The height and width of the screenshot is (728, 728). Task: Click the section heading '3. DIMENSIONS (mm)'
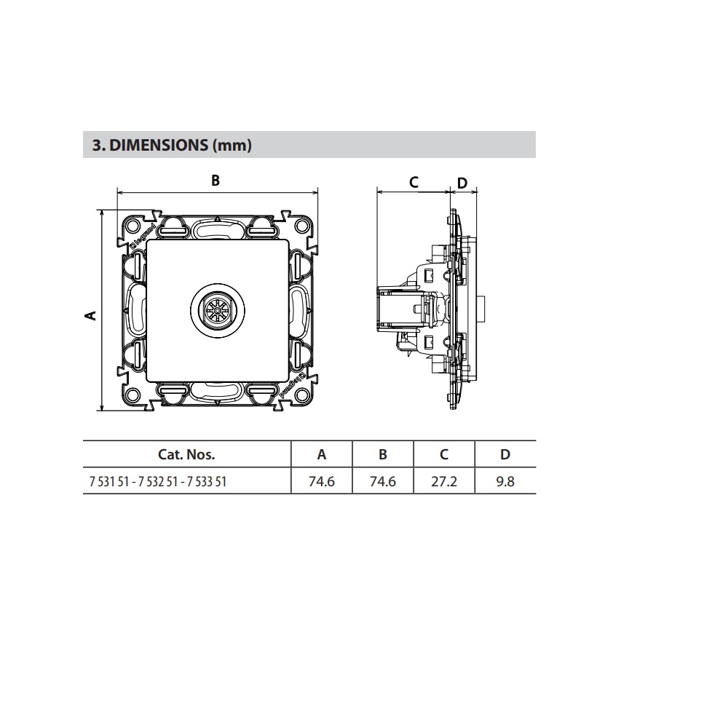pos(172,146)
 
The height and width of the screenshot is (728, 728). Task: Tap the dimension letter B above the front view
pos(215,181)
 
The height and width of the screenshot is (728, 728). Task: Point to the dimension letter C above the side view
pos(414,182)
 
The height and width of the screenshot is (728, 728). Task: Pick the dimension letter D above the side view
pos(462,183)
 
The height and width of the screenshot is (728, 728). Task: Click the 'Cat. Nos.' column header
pos(186,454)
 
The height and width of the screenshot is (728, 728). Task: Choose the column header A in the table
pos(322,454)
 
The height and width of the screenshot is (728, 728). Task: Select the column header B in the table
pos(383,454)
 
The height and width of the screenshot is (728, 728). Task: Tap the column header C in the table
pos(444,454)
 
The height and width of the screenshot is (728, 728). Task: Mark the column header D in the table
pos(505,454)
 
